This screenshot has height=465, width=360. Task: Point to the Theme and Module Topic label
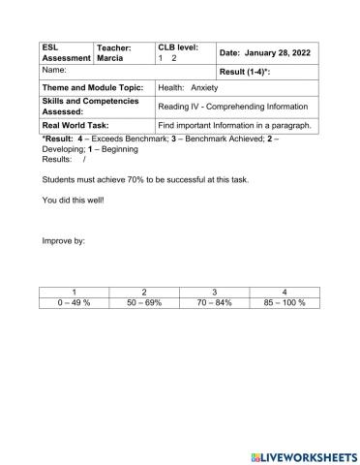pyautogui.click(x=92, y=88)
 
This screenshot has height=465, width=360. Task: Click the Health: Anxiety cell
pyautogui.click(x=188, y=88)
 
